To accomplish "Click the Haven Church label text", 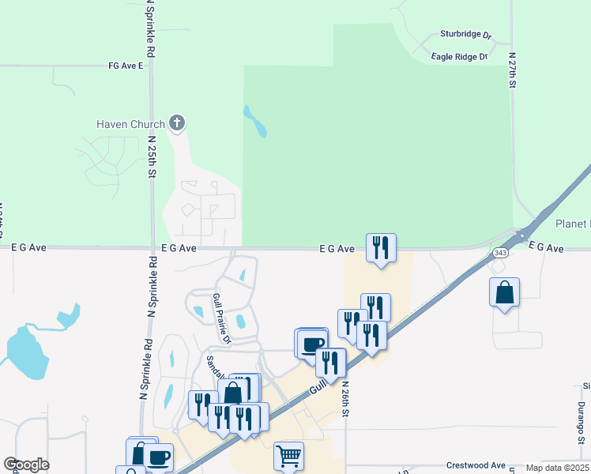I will [x=130, y=124].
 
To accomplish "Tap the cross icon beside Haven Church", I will [x=177, y=123].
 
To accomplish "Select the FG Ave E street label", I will [x=126, y=66].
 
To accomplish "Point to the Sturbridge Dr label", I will [x=466, y=36].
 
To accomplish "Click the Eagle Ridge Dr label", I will [x=460, y=57].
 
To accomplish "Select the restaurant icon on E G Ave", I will [x=381, y=248].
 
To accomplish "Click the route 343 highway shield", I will [x=499, y=253].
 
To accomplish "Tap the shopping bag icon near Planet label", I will [x=504, y=292].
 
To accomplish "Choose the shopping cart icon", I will [x=288, y=455].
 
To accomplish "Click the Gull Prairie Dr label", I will [x=221, y=318].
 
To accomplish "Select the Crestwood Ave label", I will [x=476, y=465].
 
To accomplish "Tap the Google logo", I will [x=26, y=465].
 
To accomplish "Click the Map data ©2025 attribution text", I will [x=557, y=468].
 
